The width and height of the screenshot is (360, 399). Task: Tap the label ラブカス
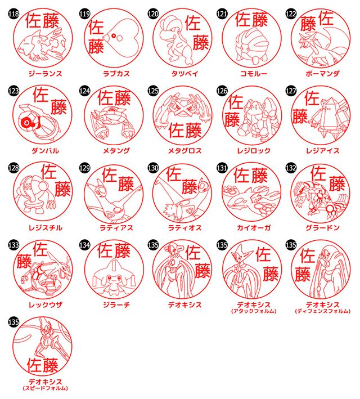click(113, 73)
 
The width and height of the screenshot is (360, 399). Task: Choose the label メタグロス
click(182, 150)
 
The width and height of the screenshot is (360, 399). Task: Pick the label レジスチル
click(45, 227)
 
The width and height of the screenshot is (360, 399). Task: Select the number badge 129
click(84, 168)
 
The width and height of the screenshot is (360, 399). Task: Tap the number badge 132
click(290, 168)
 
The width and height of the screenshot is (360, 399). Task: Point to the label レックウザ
click(45, 304)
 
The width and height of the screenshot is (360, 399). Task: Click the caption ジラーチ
click(113, 304)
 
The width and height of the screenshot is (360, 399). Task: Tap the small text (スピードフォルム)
click(45, 388)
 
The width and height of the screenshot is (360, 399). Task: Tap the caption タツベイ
click(182, 73)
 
